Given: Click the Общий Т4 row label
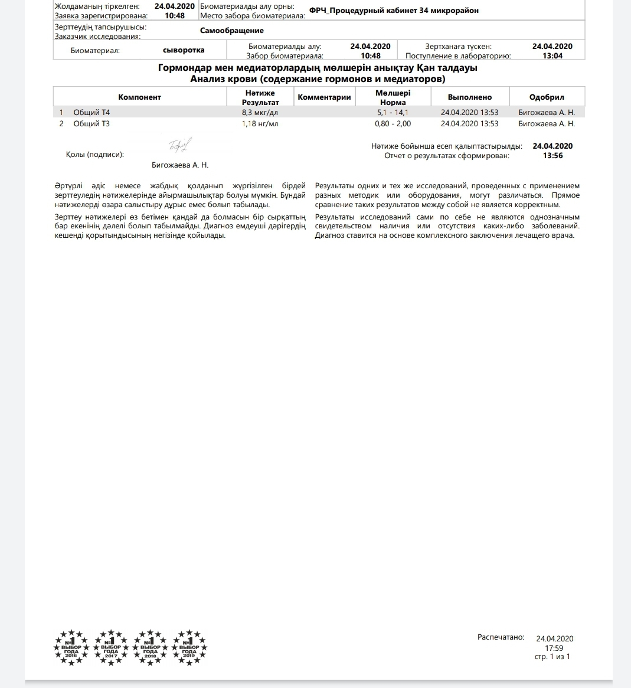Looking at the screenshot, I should coord(91,112).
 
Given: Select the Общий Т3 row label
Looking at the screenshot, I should coord(91,124).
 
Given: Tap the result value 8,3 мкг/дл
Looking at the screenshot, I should coord(260,112).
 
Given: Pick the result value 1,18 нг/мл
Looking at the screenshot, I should coord(260,124).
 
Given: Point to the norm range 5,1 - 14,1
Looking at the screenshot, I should coord(393,112).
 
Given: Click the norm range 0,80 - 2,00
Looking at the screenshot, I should coord(393,124).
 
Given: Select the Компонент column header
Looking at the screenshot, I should coord(139,97).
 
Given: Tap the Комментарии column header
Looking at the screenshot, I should coord(324,97).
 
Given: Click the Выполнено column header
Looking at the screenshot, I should coord(469,97).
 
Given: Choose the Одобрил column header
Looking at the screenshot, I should coord(547,97).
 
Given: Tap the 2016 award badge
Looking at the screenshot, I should coord(71,647).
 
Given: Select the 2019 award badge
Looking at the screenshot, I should coord(189,647).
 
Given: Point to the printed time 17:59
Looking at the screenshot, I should coord(554,648).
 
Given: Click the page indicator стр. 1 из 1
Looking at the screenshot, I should coord(552,657).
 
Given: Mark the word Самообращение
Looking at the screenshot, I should coord(231,31).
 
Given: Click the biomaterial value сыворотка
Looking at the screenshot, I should coord(184,50).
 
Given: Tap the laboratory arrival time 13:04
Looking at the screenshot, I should coord(552,56).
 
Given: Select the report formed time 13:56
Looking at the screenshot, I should coord(552,156).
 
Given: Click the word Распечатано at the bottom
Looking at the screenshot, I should coord(501,637).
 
